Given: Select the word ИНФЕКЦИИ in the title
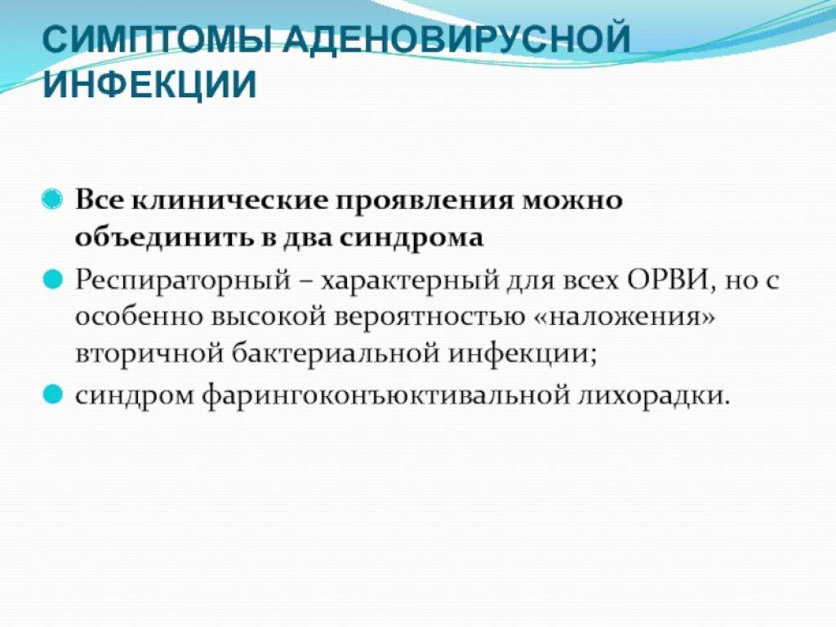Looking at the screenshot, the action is (x=150, y=84).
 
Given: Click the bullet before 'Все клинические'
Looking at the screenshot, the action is (x=52, y=200).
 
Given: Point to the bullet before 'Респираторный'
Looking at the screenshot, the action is (x=52, y=279).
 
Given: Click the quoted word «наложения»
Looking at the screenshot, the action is (x=624, y=318).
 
